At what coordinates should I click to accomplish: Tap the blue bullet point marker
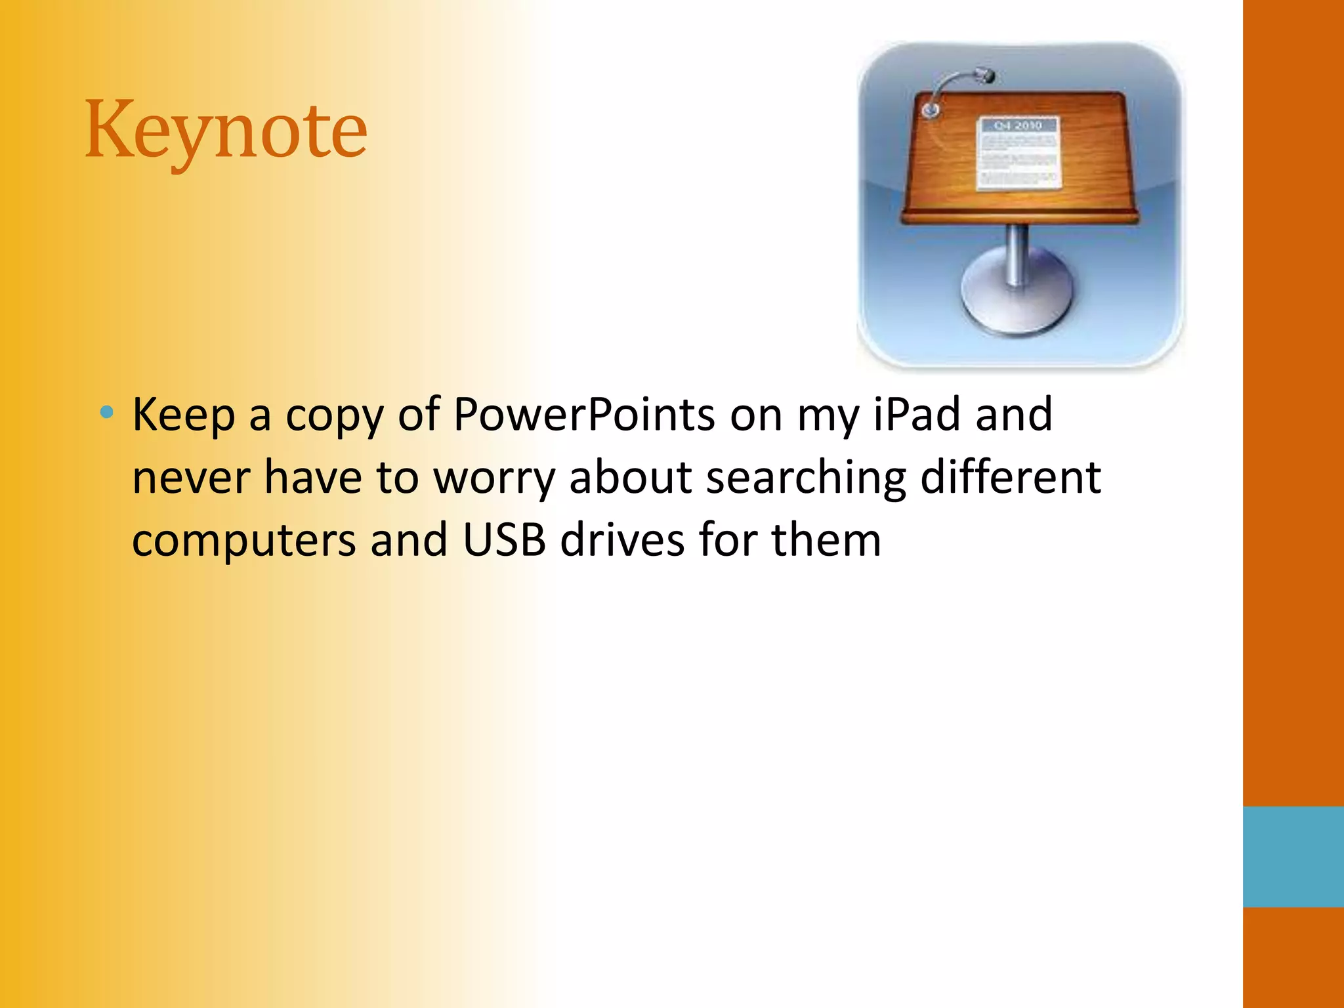pyautogui.click(x=107, y=413)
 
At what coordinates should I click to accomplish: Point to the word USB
pyautogui.click(x=504, y=540)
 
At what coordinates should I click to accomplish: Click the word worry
pyautogui.click(x=494, y=478)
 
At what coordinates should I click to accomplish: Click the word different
pyautogui.click(x=1010, y=477)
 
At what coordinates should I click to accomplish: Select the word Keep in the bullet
pyautogui.click(x=183, y=415)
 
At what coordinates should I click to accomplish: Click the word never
pyautogui.click(x=191, y=478)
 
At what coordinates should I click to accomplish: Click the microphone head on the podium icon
pyautogui.click(x=984, y=75)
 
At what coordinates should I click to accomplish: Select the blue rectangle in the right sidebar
pyautogui.click(x=1293, y=856)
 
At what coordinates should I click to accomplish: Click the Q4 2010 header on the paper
pyautogui.click(x=1018, y=125)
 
